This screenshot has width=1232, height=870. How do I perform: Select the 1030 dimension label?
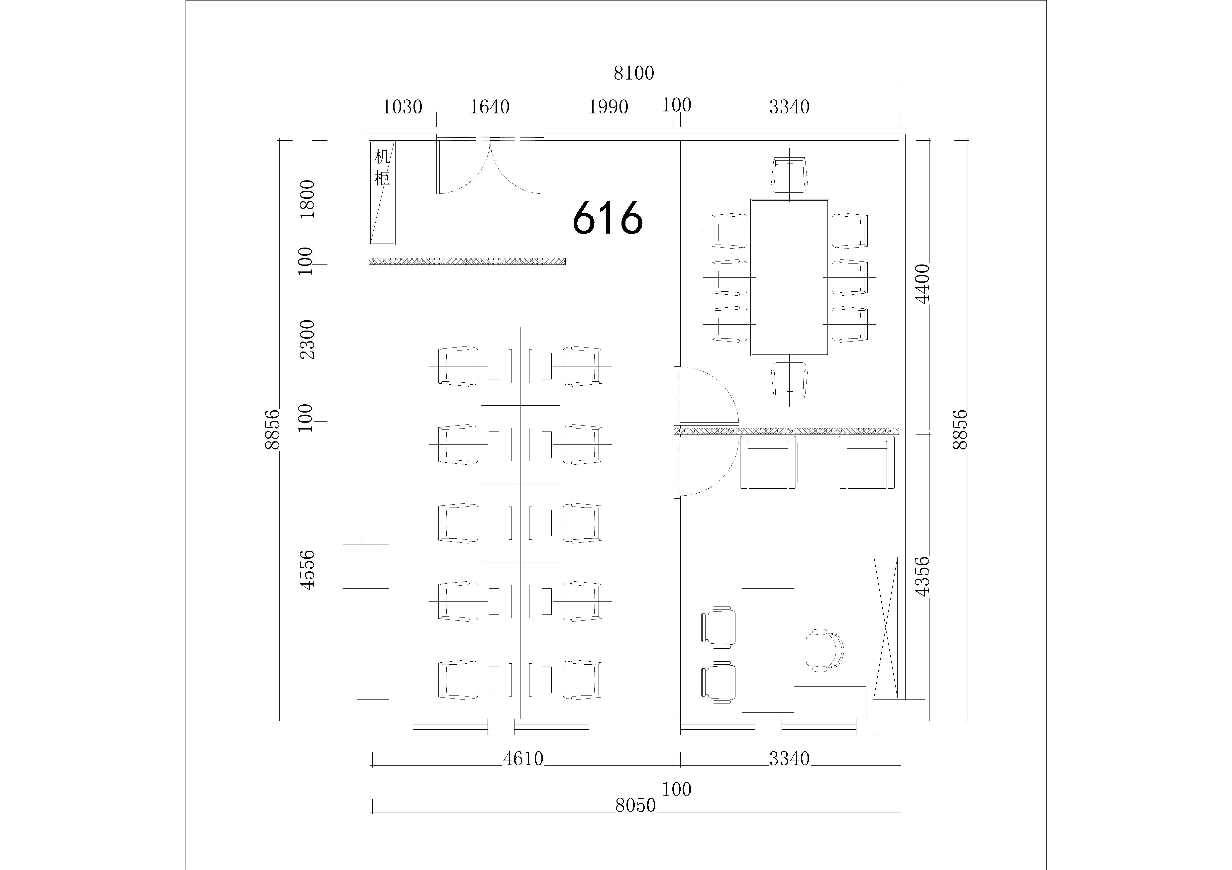403,107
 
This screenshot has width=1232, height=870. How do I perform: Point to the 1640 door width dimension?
490,107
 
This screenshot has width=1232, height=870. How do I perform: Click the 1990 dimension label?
609,107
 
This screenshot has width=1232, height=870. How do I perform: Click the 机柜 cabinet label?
382,167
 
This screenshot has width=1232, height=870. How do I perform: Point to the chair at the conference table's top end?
789,175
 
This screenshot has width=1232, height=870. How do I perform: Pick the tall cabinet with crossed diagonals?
885,627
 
